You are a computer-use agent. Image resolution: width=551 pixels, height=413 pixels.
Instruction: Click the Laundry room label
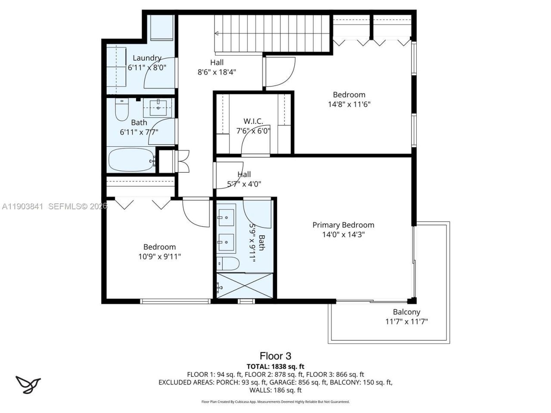tap(147, 58)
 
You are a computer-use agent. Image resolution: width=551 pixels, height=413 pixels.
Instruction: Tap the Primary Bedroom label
tap(343, 225)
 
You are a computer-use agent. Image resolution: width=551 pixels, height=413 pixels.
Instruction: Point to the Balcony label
tap(406, 312)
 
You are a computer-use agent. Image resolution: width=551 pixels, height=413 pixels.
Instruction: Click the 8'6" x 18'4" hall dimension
tap(217, 72)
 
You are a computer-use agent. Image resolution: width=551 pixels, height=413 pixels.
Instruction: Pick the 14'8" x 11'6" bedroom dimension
tap(349, 104)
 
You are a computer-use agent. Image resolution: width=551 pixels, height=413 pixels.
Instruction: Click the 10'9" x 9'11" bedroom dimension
tap(159, 256)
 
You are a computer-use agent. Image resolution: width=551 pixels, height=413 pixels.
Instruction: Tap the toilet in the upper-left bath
tap(122, 110)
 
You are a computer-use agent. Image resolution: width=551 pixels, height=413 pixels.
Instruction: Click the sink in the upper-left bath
tap(159, 107)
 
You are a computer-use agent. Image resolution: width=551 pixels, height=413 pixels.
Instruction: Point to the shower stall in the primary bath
tap(245, 285)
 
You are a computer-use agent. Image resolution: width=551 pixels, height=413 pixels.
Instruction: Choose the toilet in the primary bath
tap(227, 263)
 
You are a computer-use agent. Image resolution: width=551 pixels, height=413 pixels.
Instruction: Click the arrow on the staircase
tap(217, 33)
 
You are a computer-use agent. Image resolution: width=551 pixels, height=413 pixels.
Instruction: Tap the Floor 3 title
tap(275, 356)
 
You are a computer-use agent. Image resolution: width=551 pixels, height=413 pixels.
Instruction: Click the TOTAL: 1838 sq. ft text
tap(275, 367)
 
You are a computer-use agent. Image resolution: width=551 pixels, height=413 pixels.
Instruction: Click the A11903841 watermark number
tap(22, 206)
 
